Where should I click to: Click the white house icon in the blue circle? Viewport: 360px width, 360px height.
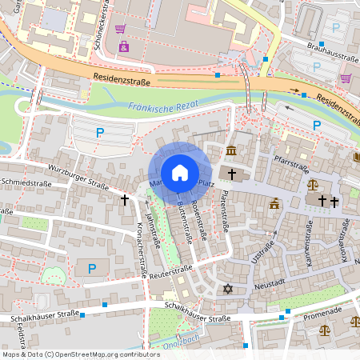point(180,173)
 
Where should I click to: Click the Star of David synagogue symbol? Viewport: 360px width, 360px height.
point(227,289)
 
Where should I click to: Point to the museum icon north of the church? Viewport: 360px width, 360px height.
point(231,152)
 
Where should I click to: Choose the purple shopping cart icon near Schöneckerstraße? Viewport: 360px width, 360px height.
point(121,29)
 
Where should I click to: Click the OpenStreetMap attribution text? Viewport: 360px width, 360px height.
point(80,354)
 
